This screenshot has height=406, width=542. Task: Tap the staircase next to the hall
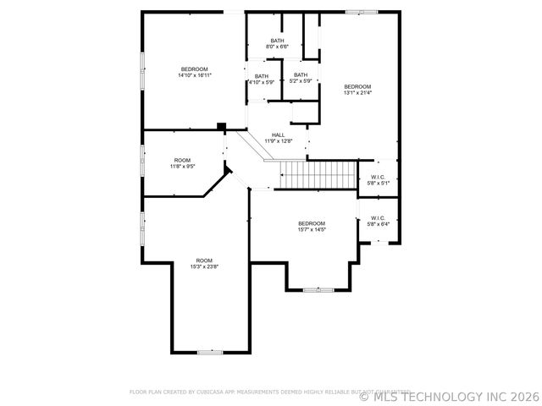pos(318,176)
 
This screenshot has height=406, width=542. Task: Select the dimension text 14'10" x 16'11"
pos(194,75)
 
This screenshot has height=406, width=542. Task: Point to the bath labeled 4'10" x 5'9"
pos(261,82)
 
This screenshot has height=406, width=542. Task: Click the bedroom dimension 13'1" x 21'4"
pos(357,93)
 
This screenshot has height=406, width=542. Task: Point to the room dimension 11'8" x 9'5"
pos(182,167)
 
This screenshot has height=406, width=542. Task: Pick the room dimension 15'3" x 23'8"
pos(204,266)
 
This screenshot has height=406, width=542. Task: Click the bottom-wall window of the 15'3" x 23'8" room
pos(209,351)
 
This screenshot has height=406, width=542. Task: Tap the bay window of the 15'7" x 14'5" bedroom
pos(318,289)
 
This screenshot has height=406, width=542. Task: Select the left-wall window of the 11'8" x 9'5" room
pos(142,161)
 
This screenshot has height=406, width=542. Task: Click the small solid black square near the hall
pos(222,127)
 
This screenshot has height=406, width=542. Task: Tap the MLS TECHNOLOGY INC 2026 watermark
pos(449,395)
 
